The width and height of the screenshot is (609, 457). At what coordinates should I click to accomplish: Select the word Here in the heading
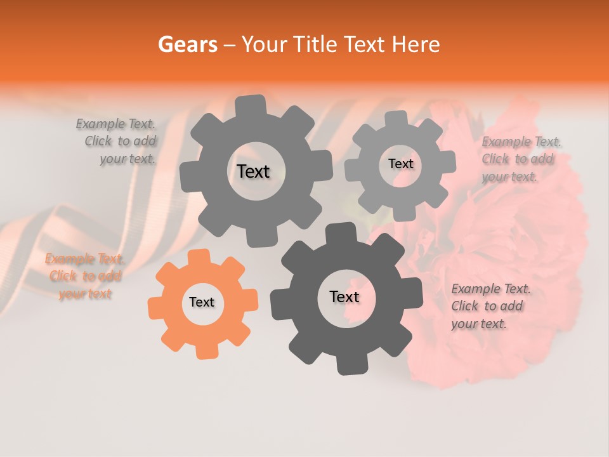pos(416,44)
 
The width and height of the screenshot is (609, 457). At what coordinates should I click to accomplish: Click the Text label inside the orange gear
pos(202,303)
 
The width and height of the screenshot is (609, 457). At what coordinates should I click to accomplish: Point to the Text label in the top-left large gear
pos(253,171)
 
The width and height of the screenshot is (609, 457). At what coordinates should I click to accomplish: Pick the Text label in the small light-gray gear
pos(400,164)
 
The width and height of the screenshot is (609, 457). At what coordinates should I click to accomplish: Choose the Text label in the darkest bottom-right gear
pos(344,297)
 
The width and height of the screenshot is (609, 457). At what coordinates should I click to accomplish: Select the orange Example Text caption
pos(85,276)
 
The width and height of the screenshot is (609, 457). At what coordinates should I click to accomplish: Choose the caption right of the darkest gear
pos(490,307)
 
